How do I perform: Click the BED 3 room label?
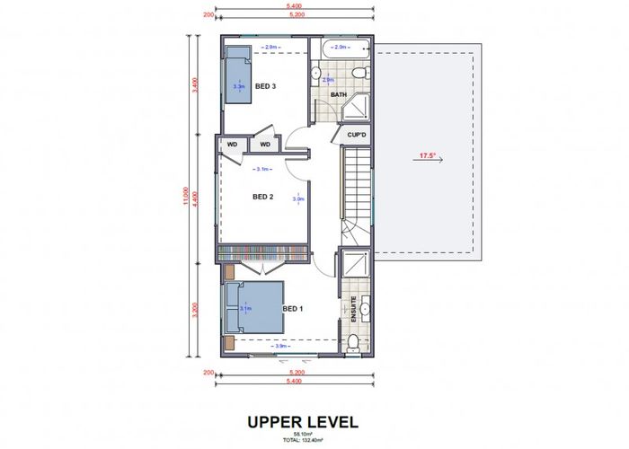(x=264, y=86)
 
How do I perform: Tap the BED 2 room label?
(x=262, y=197)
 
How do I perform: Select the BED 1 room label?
(x=293, y=309)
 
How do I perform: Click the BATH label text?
(x=339, y=93)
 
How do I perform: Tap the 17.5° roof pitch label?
(x=426, y=156)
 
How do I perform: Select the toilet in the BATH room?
(x=358, y=73)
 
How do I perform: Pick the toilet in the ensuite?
(x=354, y=340)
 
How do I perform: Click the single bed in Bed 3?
(x=237, y=76)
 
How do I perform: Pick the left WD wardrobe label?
(x=231, y=144)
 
